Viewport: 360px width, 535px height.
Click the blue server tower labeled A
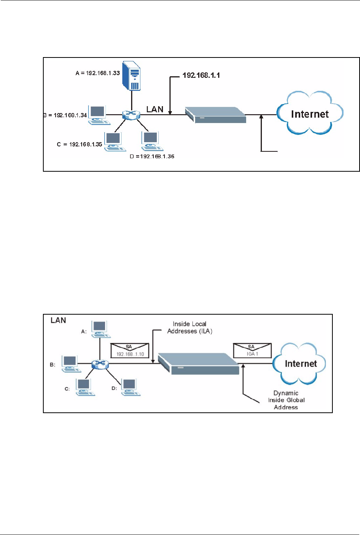pyautogui.click(x=131, y=76)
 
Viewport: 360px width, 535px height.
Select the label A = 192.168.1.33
pyautogui.click(x=98, y=73)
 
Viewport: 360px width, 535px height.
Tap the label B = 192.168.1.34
pyautogui.click(x=65, y=115)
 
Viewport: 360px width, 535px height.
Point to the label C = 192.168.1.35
pyautogui.click(x=79, y=144)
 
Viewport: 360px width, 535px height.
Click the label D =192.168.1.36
pyautogui.click(x=152, y=156)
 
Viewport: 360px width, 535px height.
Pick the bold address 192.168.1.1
pyautogui.click(x=201, y=75)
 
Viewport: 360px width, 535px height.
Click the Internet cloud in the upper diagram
pyautogui.click(x=310, y=113)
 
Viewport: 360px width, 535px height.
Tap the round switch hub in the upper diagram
pyautogui.click(x=131, y=114)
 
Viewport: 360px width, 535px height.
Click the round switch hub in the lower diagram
pyautogui.click(x=100, y=364)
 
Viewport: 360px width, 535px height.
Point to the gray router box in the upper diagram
pyautogui.click(x=215, y=115)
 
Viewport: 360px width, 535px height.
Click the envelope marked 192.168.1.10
pyautogui.click(x=130, y=350)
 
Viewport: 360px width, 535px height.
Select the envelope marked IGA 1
pyautogui.click(x=252, y=350)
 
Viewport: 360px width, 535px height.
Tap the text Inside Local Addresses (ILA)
pyautogui.click(x=190, y=328)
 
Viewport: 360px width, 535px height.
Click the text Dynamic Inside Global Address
pyautogui.click(x=286, y=400)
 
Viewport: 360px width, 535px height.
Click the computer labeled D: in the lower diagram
pyautogui.click(x=130, y=387)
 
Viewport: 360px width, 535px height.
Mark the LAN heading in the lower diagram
pyautogui.click(x=58, y=320)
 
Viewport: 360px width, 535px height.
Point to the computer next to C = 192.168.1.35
pyautogui.click(x=113, y=142)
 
